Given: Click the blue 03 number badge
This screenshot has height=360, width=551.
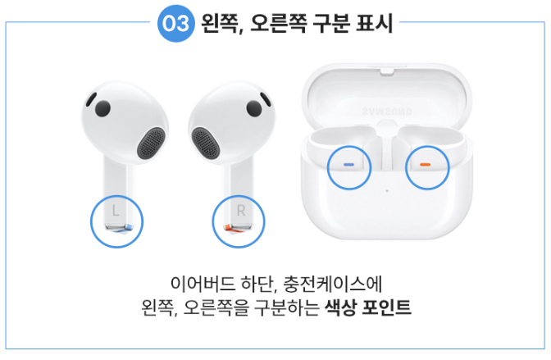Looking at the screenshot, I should (x=175, y=24).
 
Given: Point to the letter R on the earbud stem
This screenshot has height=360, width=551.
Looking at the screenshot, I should (x=241, y=212).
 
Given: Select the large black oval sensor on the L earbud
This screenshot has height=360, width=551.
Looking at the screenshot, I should (x=102, y=109).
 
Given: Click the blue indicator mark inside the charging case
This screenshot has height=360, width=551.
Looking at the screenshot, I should (x=349, y=164).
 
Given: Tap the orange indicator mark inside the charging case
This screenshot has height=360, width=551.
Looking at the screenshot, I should (x=425, y=164).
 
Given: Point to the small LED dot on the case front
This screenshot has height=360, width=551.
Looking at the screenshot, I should (x=387, y=192).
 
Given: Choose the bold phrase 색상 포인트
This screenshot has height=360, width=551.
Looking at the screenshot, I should (x=368, y=310).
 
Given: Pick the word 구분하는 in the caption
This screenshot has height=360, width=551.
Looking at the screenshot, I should (x=289, y=310).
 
